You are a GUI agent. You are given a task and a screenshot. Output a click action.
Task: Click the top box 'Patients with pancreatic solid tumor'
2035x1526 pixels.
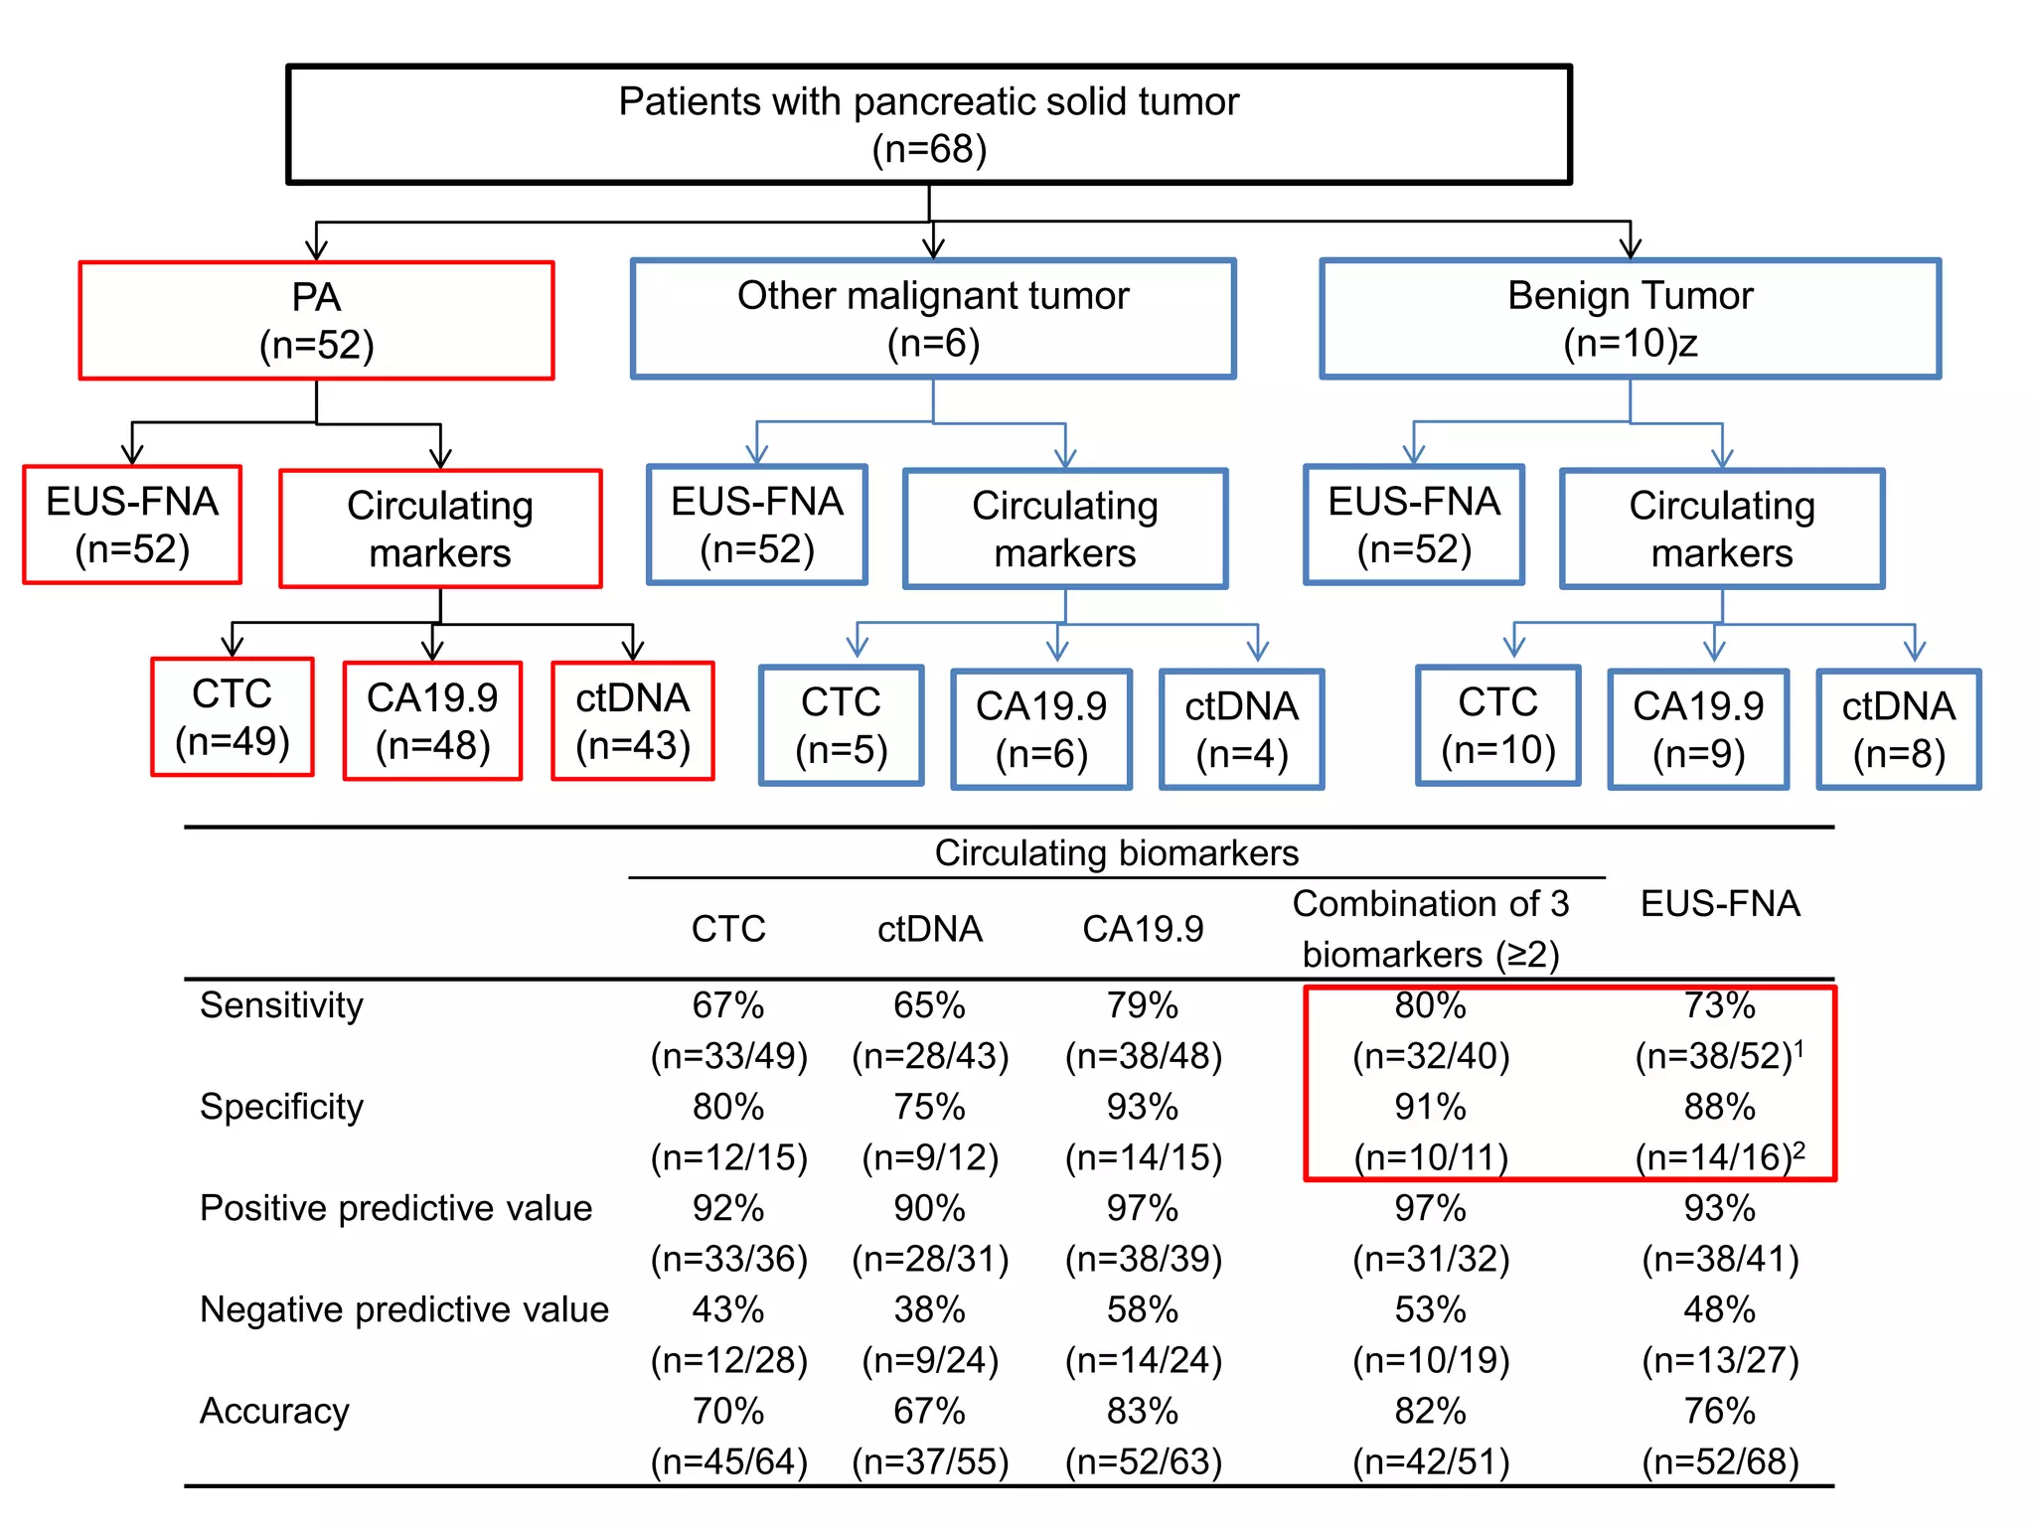tap(928, 125)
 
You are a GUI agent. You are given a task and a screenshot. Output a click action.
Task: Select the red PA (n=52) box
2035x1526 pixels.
tap(316, 321)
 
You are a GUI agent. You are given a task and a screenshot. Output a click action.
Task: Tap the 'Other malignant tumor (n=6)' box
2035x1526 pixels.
tap(933, 319)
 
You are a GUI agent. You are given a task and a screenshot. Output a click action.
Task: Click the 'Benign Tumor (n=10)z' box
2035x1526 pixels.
tap(1630, 319)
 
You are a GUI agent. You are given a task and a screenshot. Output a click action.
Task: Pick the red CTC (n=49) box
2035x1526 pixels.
tap(233, 717)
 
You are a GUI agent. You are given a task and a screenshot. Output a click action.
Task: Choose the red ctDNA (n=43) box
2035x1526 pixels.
tap(633, 721)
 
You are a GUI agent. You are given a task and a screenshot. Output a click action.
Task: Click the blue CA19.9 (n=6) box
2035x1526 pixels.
tap(1041, 729)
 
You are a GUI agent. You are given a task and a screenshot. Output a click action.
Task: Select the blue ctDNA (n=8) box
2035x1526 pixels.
tap(1898, 729)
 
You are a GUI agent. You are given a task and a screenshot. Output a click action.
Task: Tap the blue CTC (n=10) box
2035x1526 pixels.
tap(1497, 725)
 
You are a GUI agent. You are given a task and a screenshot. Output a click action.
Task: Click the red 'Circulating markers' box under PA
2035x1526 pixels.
tap(440, 529)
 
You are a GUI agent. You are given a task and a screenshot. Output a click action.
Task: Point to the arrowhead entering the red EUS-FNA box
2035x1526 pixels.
tap(132, 456)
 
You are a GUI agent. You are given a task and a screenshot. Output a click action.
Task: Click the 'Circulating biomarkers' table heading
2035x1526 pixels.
tap(1116, 853)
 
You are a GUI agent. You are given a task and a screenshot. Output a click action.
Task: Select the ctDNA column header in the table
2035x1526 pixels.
tap(929, 929)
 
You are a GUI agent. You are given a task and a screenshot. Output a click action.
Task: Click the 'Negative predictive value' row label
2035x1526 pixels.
tap(403, 1309)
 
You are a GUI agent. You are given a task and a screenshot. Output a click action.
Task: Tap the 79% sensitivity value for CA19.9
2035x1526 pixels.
tap(1143, 1005)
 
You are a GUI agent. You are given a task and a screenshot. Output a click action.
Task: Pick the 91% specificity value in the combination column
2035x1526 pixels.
tap(1430, 1107)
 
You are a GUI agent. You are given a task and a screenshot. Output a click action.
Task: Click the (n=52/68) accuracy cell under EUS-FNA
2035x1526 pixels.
tap(1720, 1461)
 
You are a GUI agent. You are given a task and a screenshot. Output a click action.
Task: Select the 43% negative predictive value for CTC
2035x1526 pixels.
tap(728, 1309)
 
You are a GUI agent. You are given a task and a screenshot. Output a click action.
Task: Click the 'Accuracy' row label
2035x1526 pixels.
tap(274, 1411)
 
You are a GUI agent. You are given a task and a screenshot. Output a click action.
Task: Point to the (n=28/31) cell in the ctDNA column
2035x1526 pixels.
tap(929, 1259)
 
